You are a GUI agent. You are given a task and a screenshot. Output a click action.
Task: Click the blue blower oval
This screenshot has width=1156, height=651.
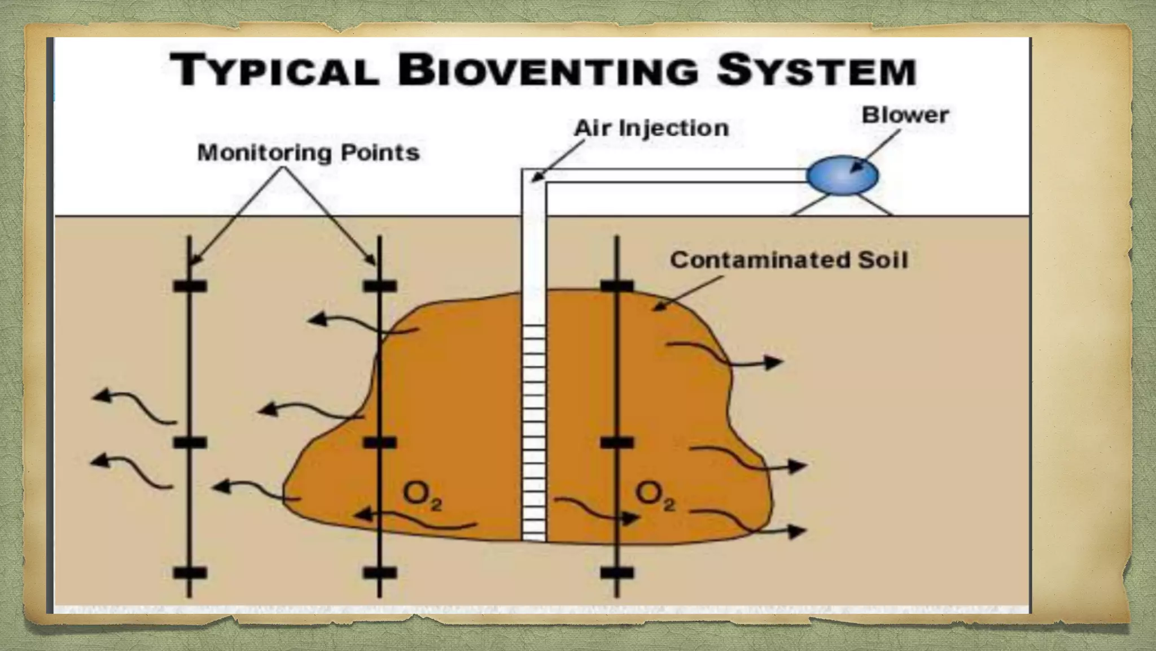click(x=842, y=175)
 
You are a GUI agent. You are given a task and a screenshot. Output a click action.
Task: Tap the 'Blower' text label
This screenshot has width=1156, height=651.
click(x=905, y=115)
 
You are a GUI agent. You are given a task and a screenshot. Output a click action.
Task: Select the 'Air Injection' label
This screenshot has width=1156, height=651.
click(x=651, y=128)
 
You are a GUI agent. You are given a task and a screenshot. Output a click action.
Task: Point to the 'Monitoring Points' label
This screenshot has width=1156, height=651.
click(x=309, y=153)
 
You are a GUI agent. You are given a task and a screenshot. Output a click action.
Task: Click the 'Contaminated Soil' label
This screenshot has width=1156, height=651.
click(x=789, y=260)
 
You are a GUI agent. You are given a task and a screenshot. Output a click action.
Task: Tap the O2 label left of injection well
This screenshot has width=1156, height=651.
click(x=422, y=496)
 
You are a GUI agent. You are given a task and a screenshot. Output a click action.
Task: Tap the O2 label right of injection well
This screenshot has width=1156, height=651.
click(x=655, y=496)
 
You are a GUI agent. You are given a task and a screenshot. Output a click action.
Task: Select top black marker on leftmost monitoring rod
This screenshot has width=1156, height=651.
click(x=190, y=286)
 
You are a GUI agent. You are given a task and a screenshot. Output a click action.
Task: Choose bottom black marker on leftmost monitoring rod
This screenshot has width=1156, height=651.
click(x=190, y=573)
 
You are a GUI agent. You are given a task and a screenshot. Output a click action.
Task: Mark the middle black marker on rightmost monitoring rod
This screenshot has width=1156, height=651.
click(x=616, y=442)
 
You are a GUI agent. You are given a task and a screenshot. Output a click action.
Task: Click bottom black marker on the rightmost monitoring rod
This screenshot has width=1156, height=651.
click(x=616, y=573)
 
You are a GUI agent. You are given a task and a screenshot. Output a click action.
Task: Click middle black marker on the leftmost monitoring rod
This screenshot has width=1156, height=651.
click(x=190, y=442)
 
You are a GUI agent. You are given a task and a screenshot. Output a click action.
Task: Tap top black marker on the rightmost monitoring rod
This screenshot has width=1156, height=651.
click(x=616, y=286)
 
